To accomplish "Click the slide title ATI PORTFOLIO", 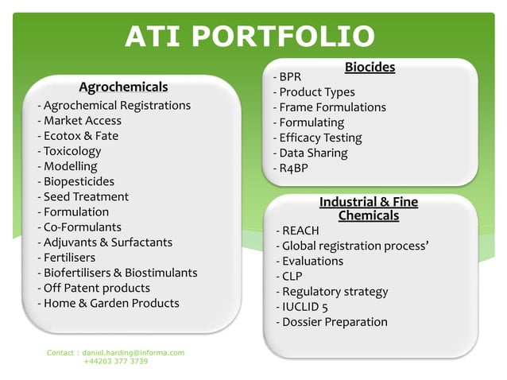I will [x=250, y=37].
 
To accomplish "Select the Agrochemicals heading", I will [x=123, y=86].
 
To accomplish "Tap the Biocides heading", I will [x=370, y=68].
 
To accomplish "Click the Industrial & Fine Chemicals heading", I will [x=368, y=209].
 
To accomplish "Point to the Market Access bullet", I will [x=79, y=121].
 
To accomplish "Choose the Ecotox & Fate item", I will [x=78, y=136].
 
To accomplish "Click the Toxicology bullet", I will [x=69, y=151].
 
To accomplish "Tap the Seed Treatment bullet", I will [x=83, y=196].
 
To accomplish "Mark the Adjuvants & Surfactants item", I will [x=105, y=242].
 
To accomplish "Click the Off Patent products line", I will [x=94, y=288].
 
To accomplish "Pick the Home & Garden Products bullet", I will [x=108, y=303].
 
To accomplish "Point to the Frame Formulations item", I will [x=329, y=107].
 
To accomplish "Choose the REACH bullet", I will [x=297, y=231].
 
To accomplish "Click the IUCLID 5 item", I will [x=305, y=307].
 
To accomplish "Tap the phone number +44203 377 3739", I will [x=115, y=361].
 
